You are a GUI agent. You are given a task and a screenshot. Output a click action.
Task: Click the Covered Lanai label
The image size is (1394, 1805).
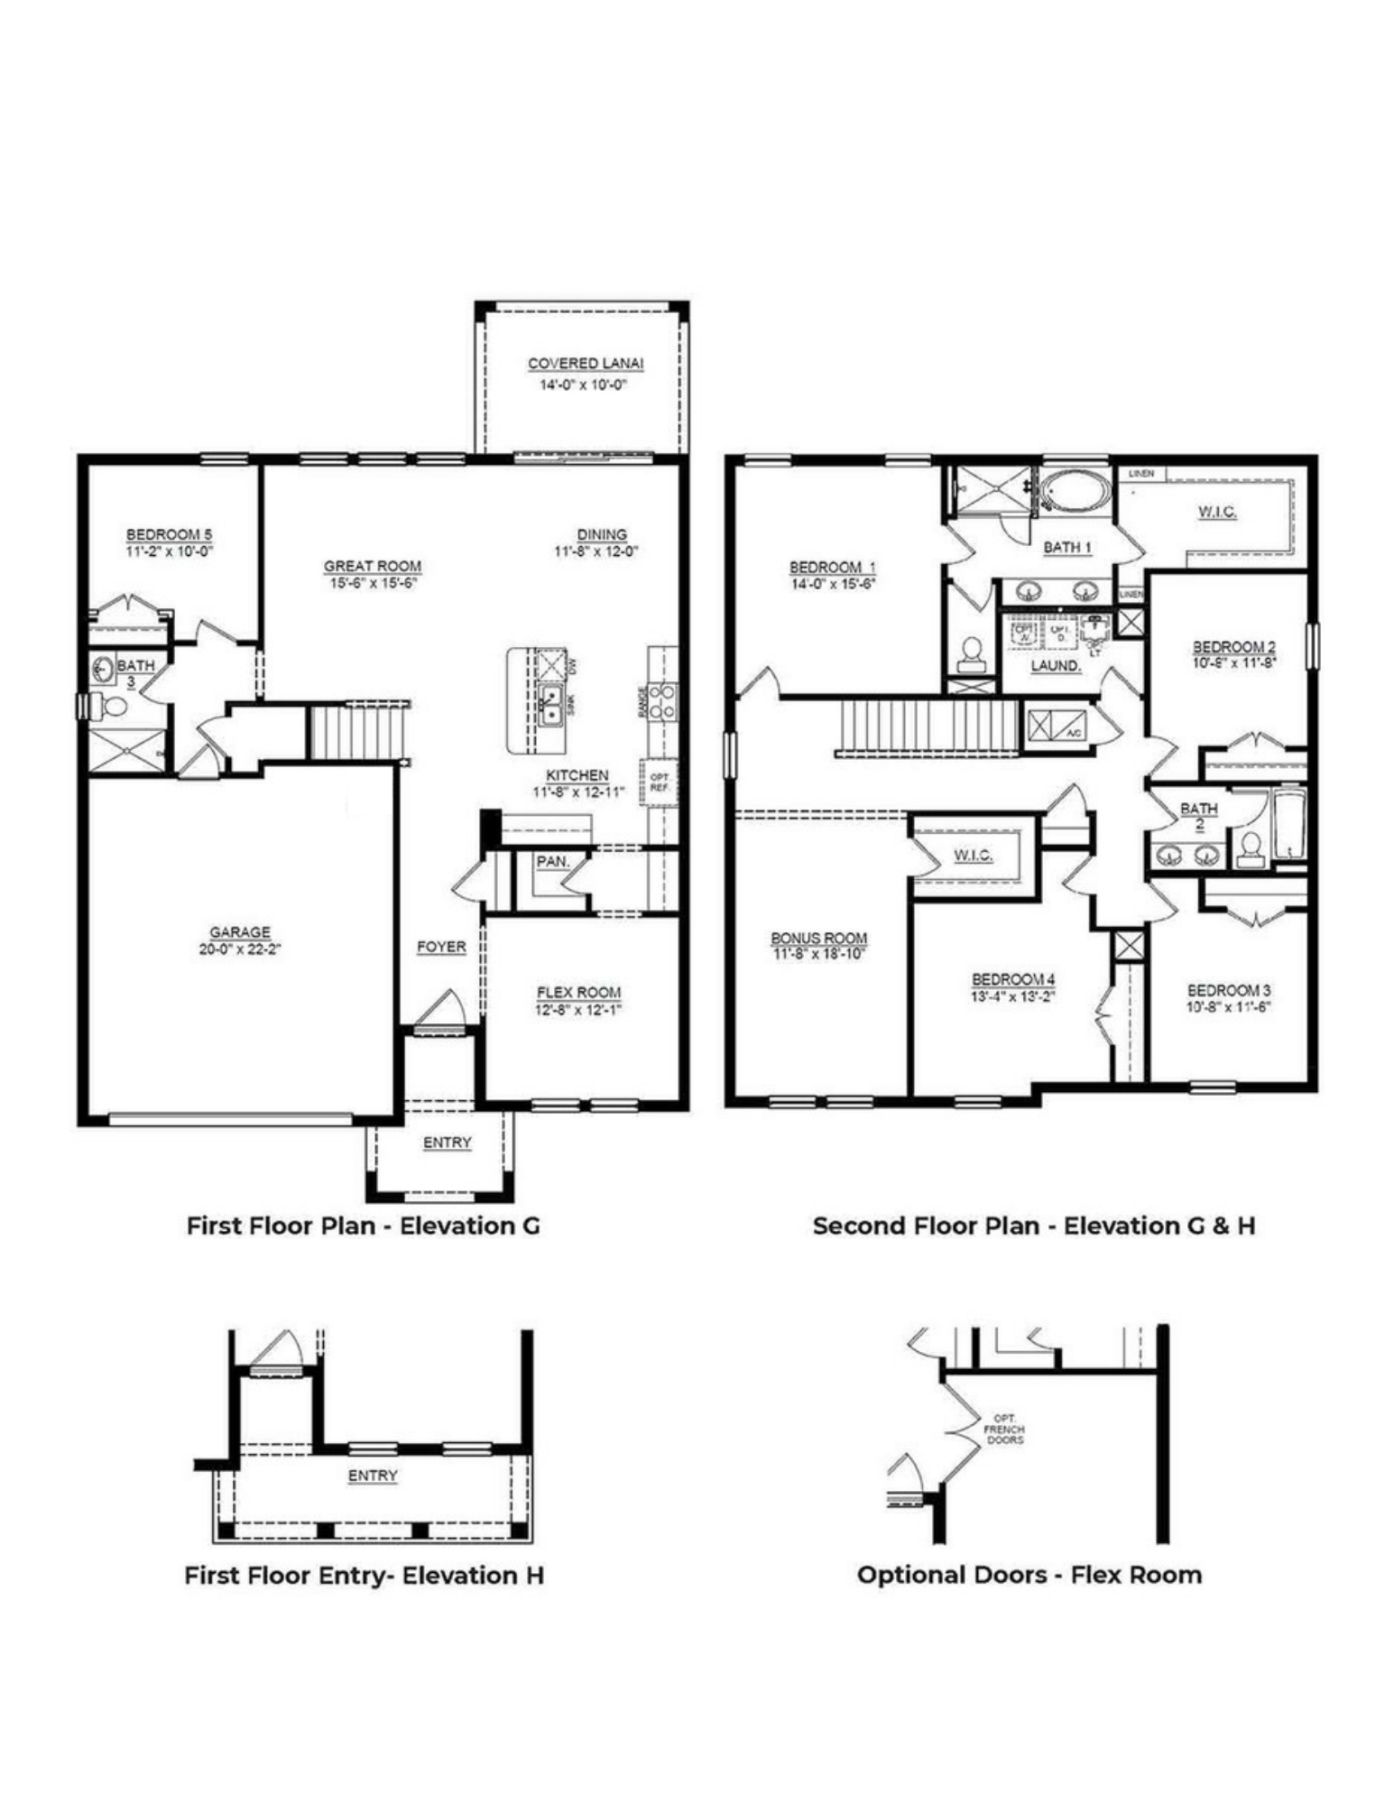[x=586, y=364]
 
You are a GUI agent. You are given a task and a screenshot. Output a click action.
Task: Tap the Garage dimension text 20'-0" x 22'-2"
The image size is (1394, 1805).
[x=240, y=949]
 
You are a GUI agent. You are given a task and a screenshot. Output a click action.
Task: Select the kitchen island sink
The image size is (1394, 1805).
[x=549, y=704]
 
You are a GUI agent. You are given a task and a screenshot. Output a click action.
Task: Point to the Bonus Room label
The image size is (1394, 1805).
[x=818, y=938]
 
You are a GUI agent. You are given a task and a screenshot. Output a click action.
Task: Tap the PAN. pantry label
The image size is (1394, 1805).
[x=552, y=862]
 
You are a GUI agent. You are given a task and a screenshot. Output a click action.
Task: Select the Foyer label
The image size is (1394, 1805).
[x=441, y=947]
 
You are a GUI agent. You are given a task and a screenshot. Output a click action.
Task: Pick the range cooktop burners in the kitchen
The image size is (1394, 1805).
[x=663, y=701]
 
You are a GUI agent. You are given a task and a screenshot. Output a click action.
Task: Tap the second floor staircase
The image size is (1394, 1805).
[x=928, y=727]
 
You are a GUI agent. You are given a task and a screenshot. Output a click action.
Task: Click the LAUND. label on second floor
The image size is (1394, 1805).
[x=1055, y=666]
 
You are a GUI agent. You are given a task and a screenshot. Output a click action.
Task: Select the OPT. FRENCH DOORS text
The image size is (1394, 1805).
[x=1004, y=1430]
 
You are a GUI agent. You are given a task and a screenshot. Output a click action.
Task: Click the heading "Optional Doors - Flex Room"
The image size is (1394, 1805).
[x=1029, y=1575]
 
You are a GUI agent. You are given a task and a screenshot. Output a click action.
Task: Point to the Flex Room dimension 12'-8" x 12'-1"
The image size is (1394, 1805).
[x=578, y=1010]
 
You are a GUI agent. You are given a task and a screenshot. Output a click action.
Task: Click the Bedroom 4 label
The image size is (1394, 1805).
[x=1013, y=979]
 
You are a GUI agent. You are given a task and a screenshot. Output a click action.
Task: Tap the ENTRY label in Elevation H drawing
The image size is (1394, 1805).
[x=373, y=1476]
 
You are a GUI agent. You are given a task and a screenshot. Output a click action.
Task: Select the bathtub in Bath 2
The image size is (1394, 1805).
[x=1288, y=825]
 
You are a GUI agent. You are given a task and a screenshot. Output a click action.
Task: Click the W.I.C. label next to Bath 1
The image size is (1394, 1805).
[x=1216, y=512]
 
